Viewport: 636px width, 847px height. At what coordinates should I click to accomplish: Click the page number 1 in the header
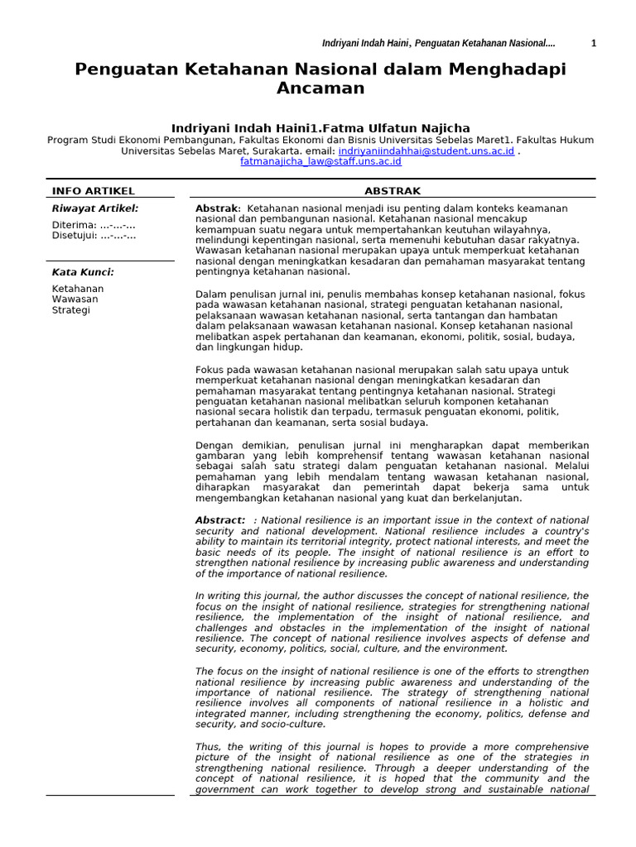pyautogui.click(x=593, y=43)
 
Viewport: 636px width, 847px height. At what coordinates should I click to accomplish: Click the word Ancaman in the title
pyautogui.click(x=320, y=89)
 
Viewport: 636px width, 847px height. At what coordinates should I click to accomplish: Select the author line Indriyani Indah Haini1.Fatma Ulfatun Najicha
pyautogui.click(x=320, y=128)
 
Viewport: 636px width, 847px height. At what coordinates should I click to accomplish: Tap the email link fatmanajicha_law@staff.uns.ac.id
pyautogui.click(x=320, y=162)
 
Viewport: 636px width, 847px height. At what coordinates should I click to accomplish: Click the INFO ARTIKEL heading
pyautogui.click(x=93, y=191)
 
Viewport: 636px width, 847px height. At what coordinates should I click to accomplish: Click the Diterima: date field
pyautogui.click(x=94, y=225)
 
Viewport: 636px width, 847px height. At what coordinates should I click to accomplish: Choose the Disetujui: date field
pyautogui.click(x=94, y=236)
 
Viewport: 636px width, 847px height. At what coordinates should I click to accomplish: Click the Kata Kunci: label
pyautogui.click(x=83, y=272)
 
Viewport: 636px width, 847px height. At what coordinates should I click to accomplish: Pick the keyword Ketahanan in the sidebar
pyautogui.click(x=78, y=289)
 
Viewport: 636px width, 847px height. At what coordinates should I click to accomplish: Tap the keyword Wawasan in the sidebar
pyautogui.click(x=75, y=299)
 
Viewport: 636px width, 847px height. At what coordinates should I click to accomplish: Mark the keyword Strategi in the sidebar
pyautogui.click(x=71, y=310)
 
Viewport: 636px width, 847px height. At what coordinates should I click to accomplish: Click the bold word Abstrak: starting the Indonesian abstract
pyautogui.click(x=218, y=208)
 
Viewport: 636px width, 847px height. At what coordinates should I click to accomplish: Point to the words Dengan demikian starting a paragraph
pyautogui.click(x=238, y=445)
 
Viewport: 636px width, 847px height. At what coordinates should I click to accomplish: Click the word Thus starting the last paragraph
pyautogui.click(x=208, y=747)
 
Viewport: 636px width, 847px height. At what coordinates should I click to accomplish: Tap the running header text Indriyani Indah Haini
pyautogui.click(x=365, y=43)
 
